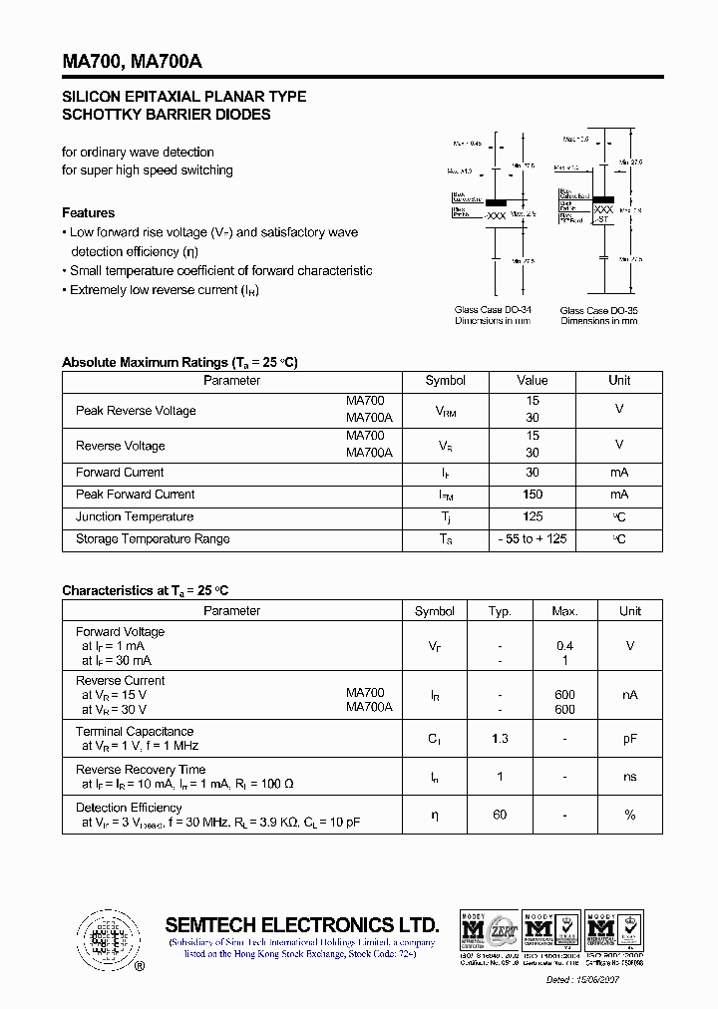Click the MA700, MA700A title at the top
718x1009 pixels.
tap(132, 62)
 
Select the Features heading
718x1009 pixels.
tap(88, 212)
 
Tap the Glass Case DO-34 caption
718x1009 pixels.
tap(493, 310)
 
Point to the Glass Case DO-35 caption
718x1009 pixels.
tap(598, 311)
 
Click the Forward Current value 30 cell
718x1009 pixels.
tap(533, 473)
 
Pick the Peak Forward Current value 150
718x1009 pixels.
tap(533, 495)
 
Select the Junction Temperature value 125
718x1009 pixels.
tap(533, 516)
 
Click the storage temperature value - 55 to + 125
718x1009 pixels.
tap(533, 539)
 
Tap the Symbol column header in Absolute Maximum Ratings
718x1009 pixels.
tap(445, 381)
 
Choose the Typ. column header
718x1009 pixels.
tap(500, 611)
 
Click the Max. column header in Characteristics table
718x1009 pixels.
tap(564, 611)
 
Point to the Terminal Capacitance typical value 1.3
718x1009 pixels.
tap(500, 739)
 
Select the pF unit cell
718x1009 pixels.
tap(629, 739)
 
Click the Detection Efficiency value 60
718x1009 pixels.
tap(500, 815)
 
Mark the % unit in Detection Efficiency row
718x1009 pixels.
tap(629, 815)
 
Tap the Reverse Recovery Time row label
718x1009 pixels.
tap(141, 769)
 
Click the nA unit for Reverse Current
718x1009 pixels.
tap(629, 695)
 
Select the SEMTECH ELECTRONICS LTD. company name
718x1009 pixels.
tap(301, 924)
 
